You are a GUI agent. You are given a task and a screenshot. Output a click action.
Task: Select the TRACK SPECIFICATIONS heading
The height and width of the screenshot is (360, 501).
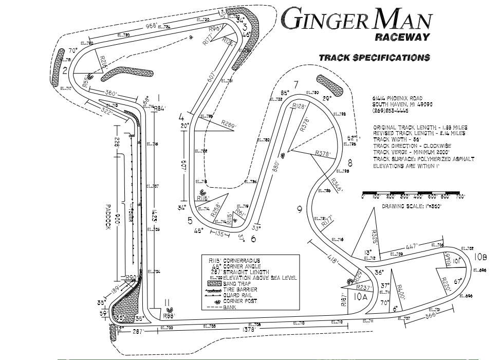coord(374,58)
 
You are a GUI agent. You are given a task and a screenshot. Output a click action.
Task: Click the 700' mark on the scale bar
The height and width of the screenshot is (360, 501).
coord(459,196)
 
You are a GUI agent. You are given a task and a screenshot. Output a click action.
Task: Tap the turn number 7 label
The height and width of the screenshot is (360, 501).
coord(295,84)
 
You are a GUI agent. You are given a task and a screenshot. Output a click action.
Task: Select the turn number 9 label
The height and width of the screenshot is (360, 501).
coord(299,209)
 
